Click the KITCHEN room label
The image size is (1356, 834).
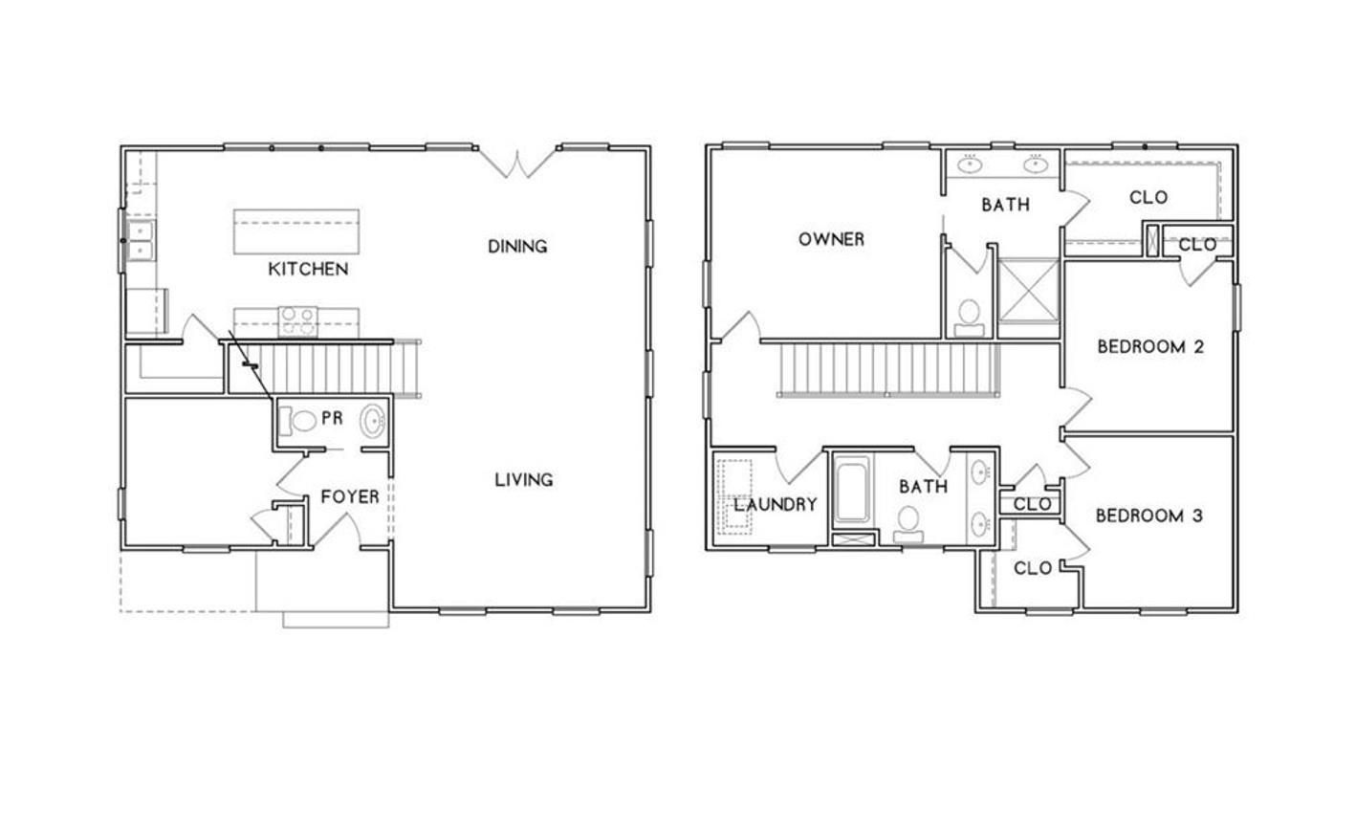(x=307, y=269)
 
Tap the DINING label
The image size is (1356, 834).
(x=517, y=246)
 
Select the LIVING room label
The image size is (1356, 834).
(x=523, y=479)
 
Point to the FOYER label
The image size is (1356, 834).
(x=349, y=496)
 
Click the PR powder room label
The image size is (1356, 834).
(x=332, y=418)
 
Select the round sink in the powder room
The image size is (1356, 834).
(x=373, y=421)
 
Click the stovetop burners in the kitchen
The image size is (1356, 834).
(x=297, y=320)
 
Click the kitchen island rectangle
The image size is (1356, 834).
(x=296, y=230)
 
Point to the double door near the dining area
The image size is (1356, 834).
(x=517, y=162)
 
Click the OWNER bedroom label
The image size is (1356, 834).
(x=831, y=239)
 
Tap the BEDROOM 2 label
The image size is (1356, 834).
(x=1149, y=346)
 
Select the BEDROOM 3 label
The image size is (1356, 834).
(x=1148, y=516)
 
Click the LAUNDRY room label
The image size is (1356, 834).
(x=776, y=504)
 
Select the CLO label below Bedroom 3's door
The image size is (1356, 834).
(x=1032, y=568)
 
